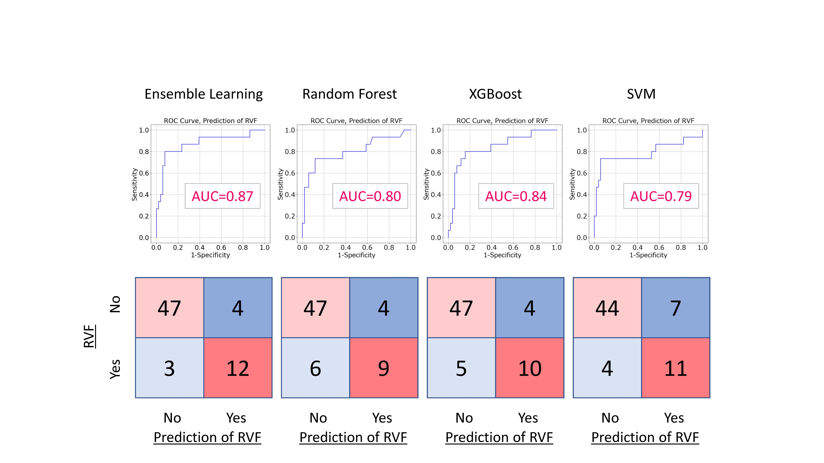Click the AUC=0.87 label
222,196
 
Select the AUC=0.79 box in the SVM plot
661,196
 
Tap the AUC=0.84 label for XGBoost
516,196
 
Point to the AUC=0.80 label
370,196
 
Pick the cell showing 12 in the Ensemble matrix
238,368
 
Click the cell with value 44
607,308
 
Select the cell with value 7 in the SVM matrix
676,308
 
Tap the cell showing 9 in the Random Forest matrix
384,368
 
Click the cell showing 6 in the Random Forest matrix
315,368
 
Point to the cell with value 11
676,368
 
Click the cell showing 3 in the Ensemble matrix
170,368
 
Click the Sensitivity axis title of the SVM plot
572,184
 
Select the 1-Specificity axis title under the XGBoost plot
502,255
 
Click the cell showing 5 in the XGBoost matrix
461,368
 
